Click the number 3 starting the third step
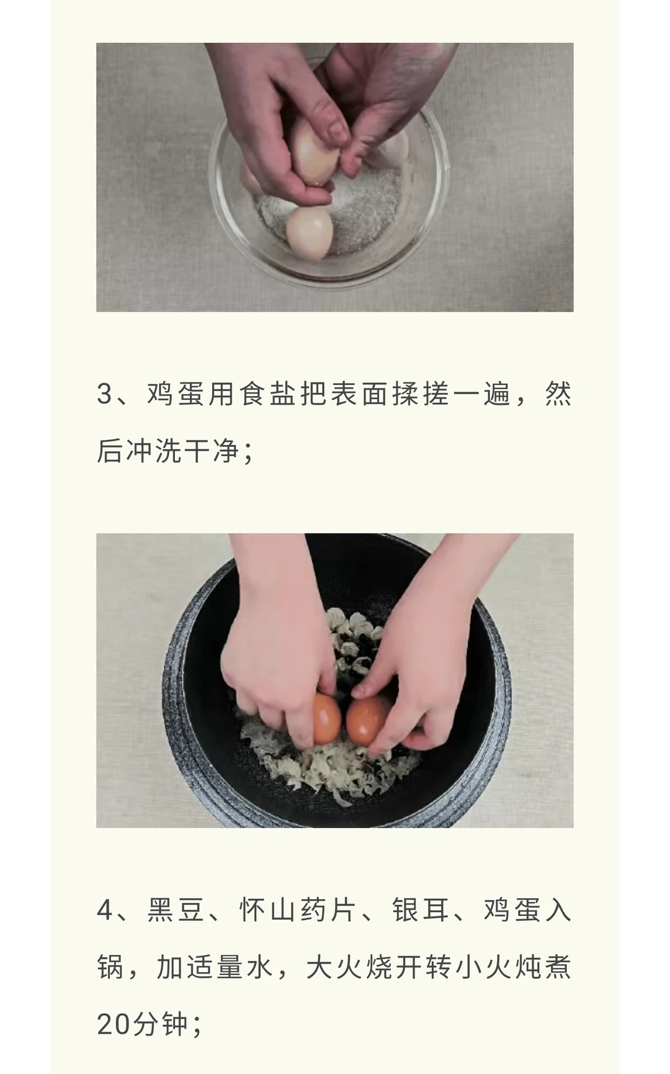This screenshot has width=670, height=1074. click(104, 394)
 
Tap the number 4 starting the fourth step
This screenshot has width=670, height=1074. click(105, 910)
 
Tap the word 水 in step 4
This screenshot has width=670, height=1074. click(259, 967)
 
